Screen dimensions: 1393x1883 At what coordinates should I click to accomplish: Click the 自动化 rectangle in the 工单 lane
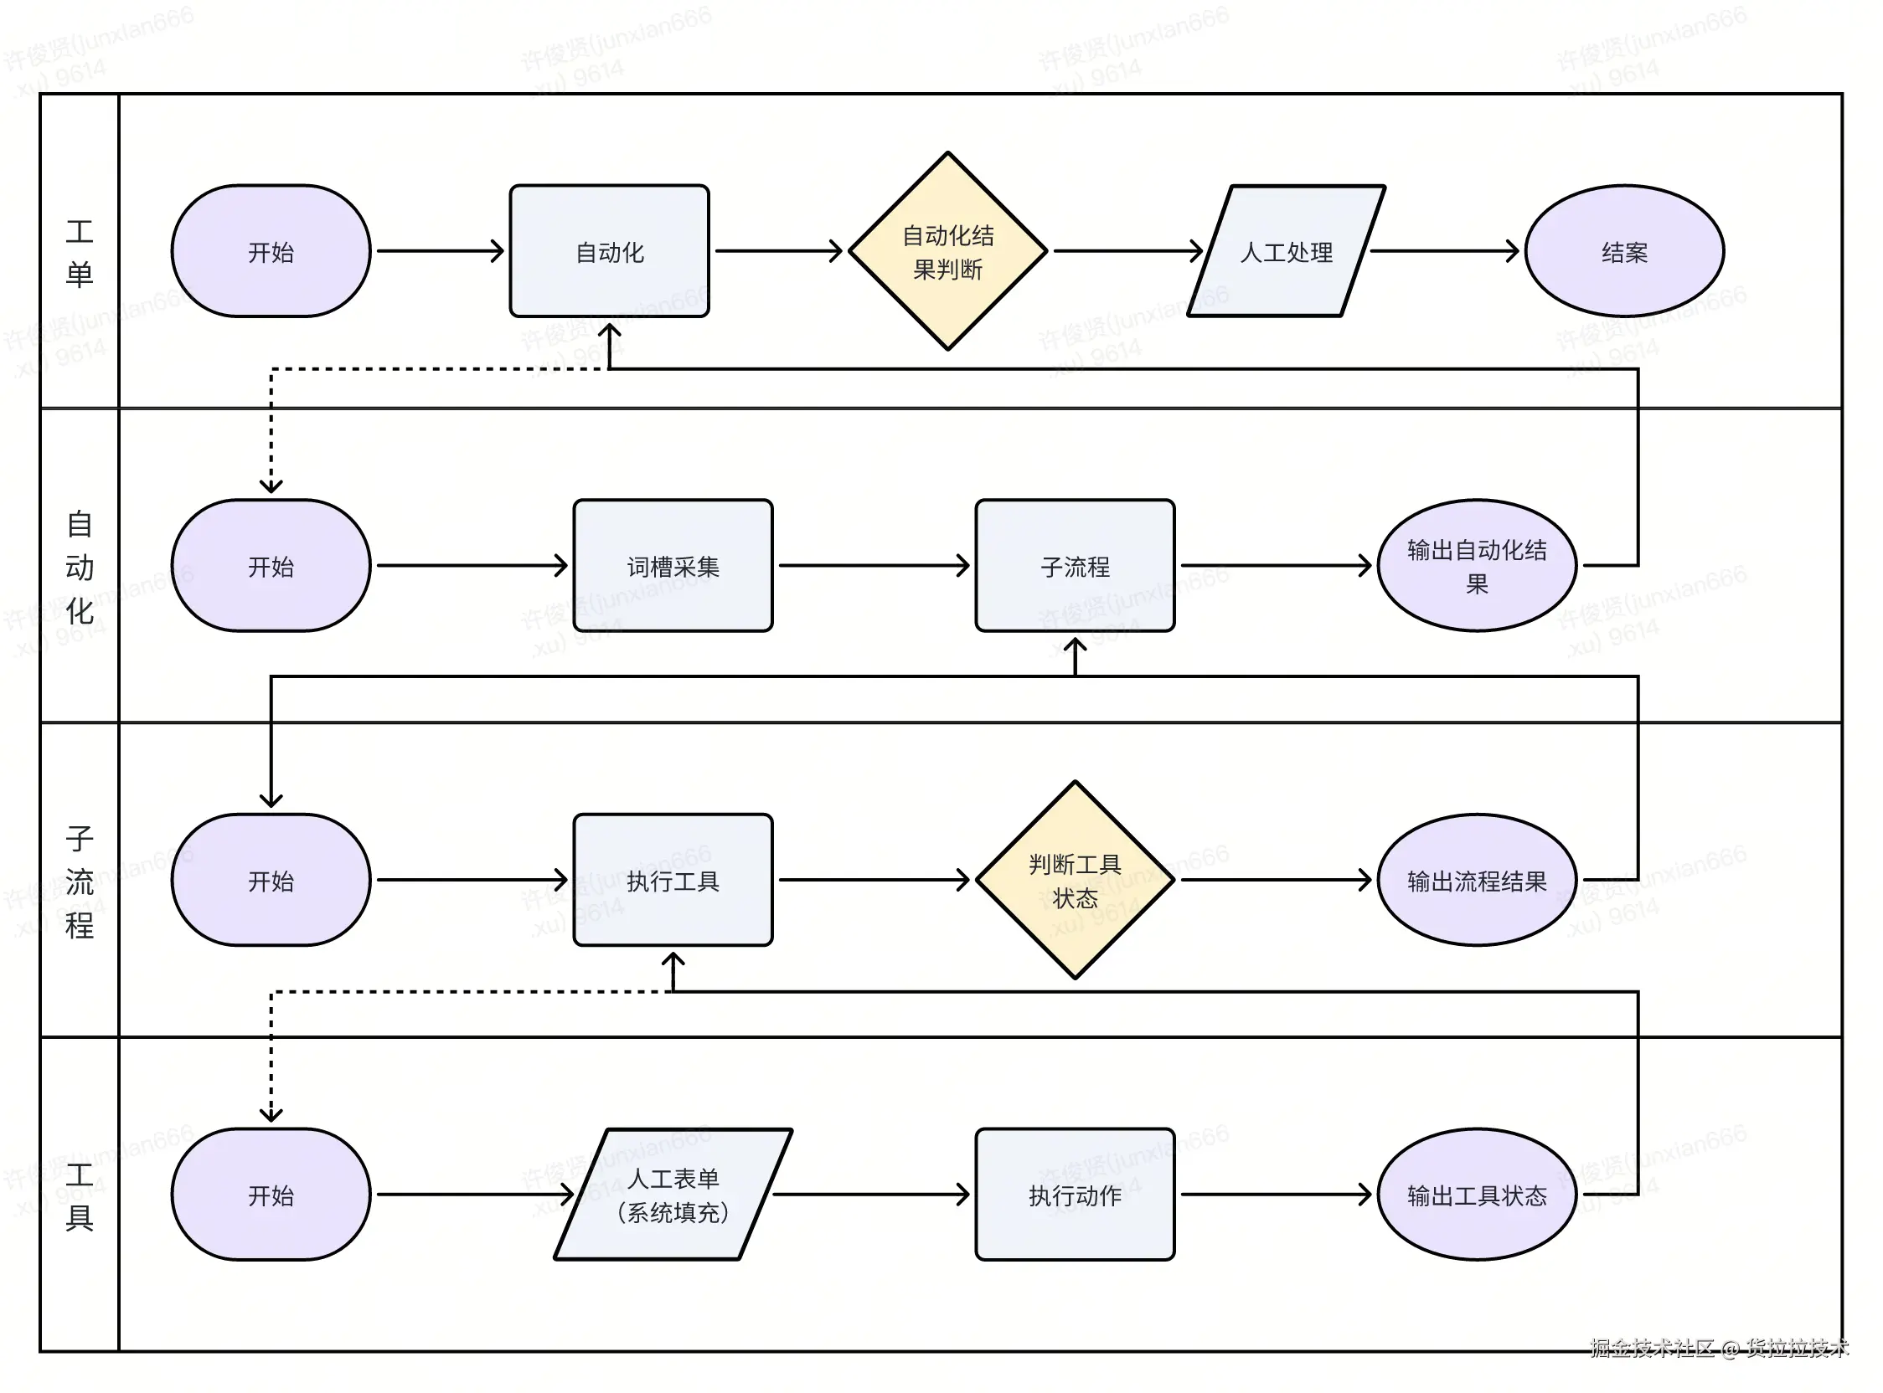[609, 251]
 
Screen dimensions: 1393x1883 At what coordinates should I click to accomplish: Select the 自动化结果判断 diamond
[947, 251]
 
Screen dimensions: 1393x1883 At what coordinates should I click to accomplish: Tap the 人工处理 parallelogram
[1286, 251]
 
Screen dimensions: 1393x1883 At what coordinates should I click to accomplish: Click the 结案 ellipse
[1624, 251]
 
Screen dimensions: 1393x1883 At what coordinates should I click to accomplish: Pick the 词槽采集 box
[673, 566]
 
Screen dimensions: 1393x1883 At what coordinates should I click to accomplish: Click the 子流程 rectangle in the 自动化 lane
[1075, 566]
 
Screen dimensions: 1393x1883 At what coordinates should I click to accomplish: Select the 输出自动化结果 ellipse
[1477, 566]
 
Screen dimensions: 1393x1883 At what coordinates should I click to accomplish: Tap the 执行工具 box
[673, 881]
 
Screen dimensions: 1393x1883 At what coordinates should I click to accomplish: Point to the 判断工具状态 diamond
[1075, 881]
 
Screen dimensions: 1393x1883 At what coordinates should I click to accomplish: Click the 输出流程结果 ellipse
[1477, 881]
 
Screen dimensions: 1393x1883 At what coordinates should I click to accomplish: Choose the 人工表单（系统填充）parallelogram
[673, 1195]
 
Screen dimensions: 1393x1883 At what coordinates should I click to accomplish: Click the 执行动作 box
[1075, 1195]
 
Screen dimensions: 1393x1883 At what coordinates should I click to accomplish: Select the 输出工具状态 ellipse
[1477, 1195]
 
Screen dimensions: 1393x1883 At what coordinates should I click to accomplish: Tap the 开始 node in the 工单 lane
[271, 251]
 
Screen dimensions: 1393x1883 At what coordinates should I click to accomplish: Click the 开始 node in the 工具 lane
[271, 1195]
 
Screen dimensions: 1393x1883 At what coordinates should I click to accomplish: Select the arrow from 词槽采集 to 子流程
[873, 566]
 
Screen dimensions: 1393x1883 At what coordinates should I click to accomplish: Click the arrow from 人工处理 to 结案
[1444, 251]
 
